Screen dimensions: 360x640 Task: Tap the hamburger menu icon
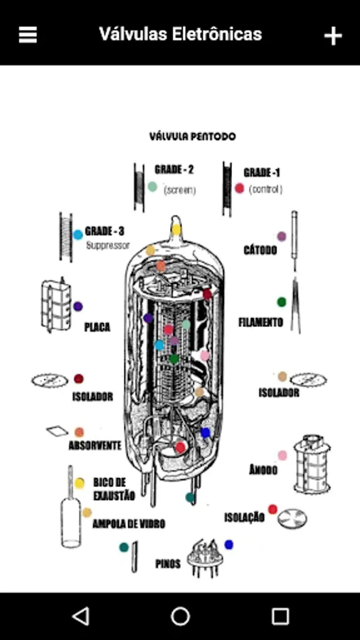pos(28,35)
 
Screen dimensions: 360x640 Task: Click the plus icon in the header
pos(333,36)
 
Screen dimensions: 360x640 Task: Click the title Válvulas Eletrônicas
pos(180,34)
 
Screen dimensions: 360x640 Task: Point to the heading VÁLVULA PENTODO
pos(192,137)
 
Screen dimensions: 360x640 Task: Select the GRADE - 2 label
pos(174,170)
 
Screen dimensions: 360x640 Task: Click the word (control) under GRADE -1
pos(265,189)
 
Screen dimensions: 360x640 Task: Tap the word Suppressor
pos(107,245)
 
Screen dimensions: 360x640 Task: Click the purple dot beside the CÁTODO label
pos(282,236)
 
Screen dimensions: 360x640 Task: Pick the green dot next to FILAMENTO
pos(282,302)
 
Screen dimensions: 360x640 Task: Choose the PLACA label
pos(97,327)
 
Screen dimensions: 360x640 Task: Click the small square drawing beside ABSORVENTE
pos(57,431)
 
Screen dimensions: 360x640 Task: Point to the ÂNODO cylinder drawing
pos(312,463)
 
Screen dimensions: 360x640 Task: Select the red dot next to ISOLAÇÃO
pos(272,509)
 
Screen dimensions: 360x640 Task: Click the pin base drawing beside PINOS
pos(203,558)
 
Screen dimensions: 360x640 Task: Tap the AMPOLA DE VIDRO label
pos(129,523)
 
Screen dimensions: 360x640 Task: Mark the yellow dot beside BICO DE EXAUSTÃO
pos(80,484)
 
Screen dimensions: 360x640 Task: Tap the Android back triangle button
pos(81,616)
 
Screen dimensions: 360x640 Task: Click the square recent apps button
pos(280,616)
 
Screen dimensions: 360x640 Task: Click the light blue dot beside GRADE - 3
pos(78,235)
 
